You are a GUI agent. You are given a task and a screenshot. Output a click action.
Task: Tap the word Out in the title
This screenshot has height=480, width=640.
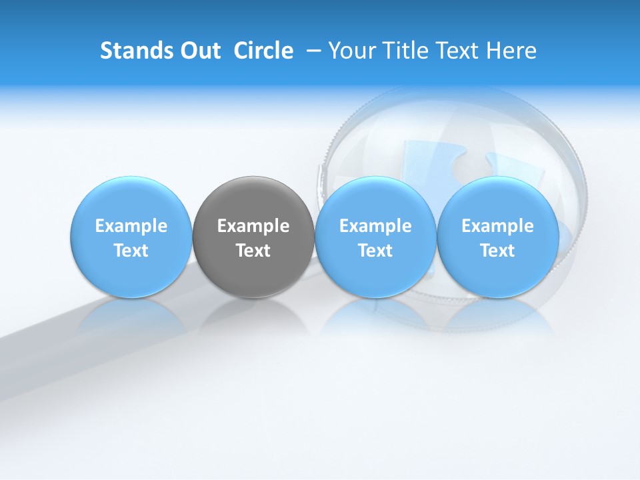[x=199, y=51]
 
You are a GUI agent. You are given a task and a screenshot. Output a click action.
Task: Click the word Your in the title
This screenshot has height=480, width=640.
[x=351, y=51]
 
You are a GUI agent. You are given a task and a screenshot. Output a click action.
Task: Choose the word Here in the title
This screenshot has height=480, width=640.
[x=513, y=51]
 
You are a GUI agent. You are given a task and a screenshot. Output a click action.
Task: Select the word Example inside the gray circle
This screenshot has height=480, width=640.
[x=253, y=226]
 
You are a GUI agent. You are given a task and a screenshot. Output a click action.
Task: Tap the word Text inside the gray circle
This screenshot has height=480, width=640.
[x=253, y=251]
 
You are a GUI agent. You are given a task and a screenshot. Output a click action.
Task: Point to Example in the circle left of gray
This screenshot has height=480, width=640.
[x=131, y=226]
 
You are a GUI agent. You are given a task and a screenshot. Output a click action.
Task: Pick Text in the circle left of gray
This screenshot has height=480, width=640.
[x=131, y=251]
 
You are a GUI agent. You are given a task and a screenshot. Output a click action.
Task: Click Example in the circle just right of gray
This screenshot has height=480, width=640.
[x=375, y=226]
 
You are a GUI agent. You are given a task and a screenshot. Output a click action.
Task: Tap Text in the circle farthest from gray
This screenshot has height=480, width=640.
[x=498, y=251]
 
